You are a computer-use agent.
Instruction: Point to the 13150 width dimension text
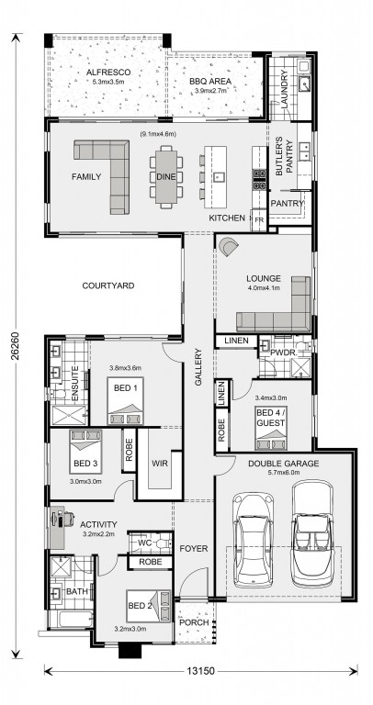click(x=200, y=671)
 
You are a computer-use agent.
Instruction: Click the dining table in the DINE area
click(x=166, y=176)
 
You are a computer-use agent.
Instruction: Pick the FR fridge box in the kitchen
click(x=259, y=220)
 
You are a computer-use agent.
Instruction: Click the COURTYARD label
click(x=108, y=285)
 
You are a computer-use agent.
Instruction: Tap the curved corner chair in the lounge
click(x=230, y=247)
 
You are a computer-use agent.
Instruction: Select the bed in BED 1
click(x=126, y=400)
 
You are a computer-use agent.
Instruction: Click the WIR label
click(x=160, y=463)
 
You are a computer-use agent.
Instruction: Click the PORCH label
click(x=195, y=622)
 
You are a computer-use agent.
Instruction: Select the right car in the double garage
click(x=312, y=533)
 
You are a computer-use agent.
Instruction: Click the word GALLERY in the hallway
click(x=198, y=366)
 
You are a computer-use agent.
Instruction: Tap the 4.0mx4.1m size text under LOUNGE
click(x=264, y=287)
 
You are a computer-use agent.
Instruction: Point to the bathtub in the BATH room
click(x=75, y=619)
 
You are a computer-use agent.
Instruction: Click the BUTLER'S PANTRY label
click(x=285, y=158)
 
